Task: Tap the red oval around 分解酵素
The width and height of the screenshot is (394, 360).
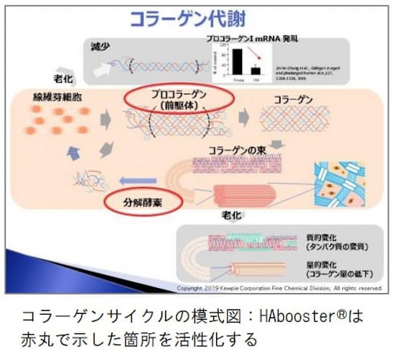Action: point(144,203)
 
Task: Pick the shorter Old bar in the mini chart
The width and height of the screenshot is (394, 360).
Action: point(255,69)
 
